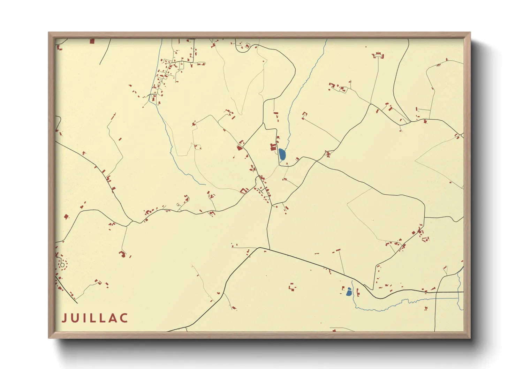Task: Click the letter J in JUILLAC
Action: (x=64, y=318)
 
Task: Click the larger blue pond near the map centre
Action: (x=282, y=154)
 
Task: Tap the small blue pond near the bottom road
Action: (x=349, y=292)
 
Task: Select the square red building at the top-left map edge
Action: (x=92, y=41)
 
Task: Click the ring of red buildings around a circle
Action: (x=62, y=265)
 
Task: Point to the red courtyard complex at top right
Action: (x=378, y=55)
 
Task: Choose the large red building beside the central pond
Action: (x=274, y=147)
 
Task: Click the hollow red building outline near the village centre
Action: (x=243, y=190)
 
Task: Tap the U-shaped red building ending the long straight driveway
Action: (x=304, y=115)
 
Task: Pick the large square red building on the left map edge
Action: (x=66, y=217)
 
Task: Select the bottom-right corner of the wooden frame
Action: (x=470, y=338)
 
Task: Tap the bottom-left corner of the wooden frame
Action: (x=49, y=338)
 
